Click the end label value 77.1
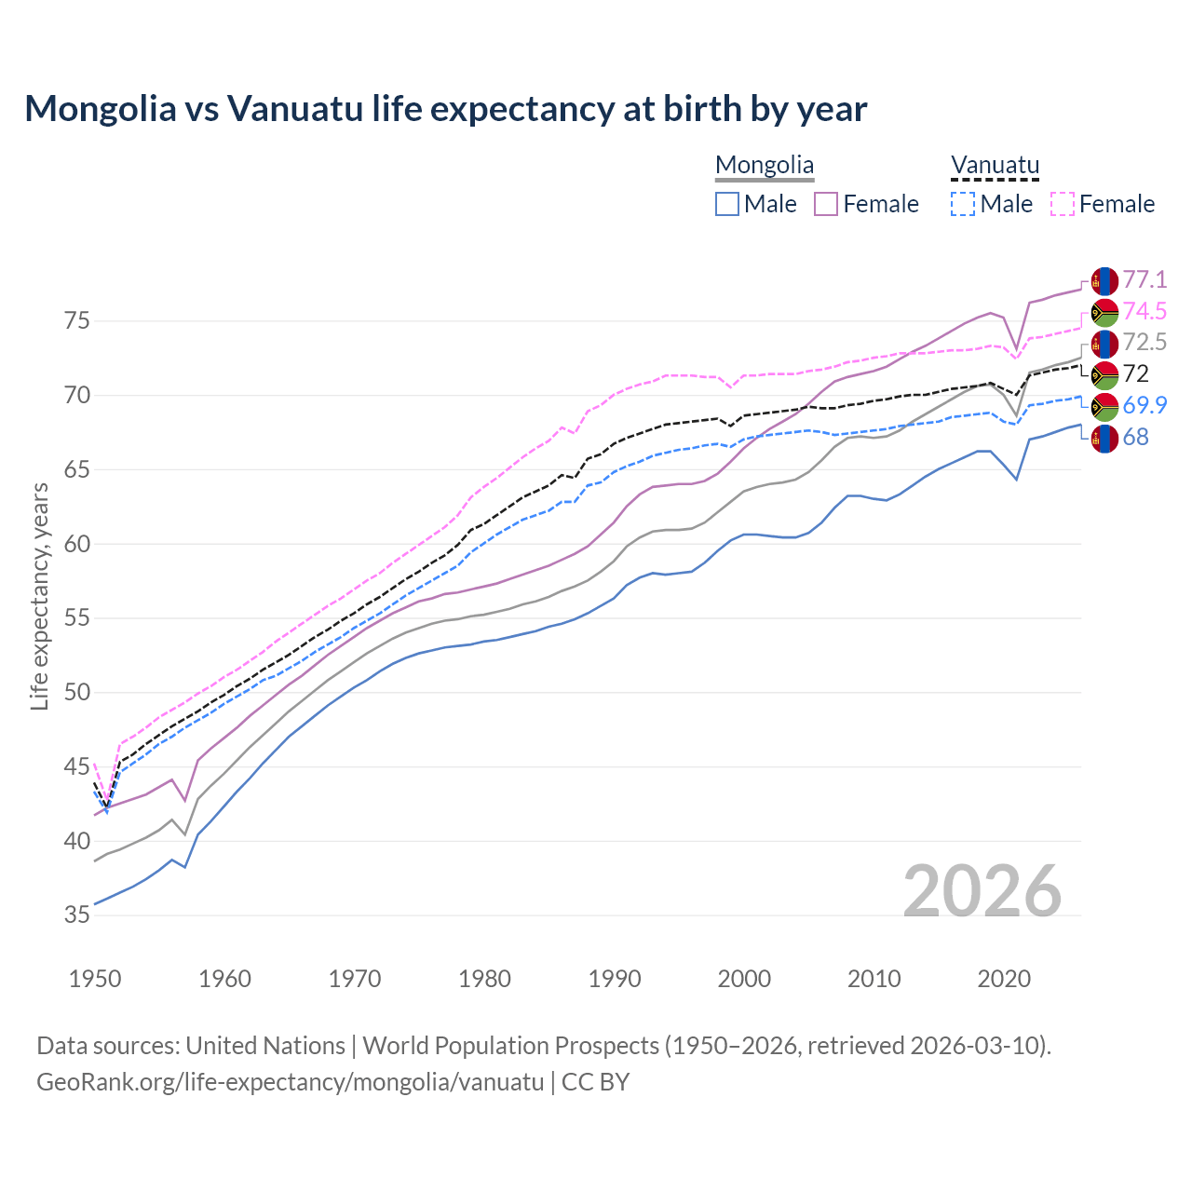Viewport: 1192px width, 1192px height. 1145,279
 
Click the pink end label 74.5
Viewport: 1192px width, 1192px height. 1145,311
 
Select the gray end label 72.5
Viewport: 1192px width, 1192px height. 1145,342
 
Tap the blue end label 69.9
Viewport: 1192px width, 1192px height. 1145,405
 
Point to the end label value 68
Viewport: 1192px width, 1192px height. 1135,437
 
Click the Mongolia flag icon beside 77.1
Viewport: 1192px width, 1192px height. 1104,280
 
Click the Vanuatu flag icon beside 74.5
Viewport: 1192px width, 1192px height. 1104,312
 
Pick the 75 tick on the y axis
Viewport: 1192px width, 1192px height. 77,321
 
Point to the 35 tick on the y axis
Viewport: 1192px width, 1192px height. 77,915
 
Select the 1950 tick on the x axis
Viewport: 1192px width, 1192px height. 95,979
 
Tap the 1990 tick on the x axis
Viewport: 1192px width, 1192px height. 615,979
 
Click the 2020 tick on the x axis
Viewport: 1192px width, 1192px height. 1004,979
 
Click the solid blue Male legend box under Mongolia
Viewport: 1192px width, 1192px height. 727,204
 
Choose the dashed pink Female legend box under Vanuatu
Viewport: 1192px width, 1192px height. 1063,204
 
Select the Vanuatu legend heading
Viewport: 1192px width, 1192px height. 995,166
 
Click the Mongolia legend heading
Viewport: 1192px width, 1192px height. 765,166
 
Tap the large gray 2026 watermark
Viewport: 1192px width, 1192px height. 982,891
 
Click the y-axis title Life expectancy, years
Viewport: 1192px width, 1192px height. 39,596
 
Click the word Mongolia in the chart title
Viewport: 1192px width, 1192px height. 100,109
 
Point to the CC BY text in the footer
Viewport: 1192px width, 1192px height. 596,1082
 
